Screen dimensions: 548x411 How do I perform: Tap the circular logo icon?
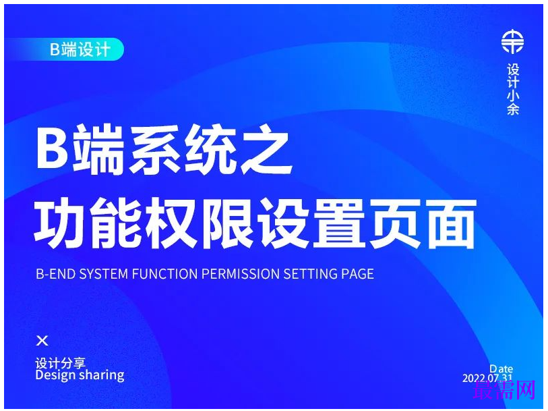pyautogui.click(x=512, y=42)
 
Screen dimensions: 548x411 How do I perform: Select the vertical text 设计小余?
pyautogui.click(x=513, y=90)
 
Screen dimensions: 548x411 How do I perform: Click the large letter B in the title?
pyautogui.click(x=53, y=149)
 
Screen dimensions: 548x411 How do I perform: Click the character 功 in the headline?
pyautogui.click(x=60, y=223)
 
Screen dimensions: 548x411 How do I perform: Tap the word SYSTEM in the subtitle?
pyautogui.click(x=103, y=274)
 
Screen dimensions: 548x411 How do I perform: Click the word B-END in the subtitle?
pyautogui.click(x=55, y=274)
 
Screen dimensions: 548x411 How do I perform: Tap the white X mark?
pyautogui.click(x=42, y=341)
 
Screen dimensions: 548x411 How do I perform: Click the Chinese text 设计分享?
pyautogui.click(x=61, y=363)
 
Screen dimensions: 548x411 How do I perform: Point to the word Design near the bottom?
pyautogui.click(x=56, y=375)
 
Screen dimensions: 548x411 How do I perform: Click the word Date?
pyautogui.click(x=501, y=368)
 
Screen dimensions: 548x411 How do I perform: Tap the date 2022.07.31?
pyautogui.click(x=487, y=378)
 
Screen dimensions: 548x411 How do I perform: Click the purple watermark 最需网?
pyautogui.click(x=504, y=389)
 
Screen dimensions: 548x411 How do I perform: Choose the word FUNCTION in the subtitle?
pyautogui.click(x=164, y=274)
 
